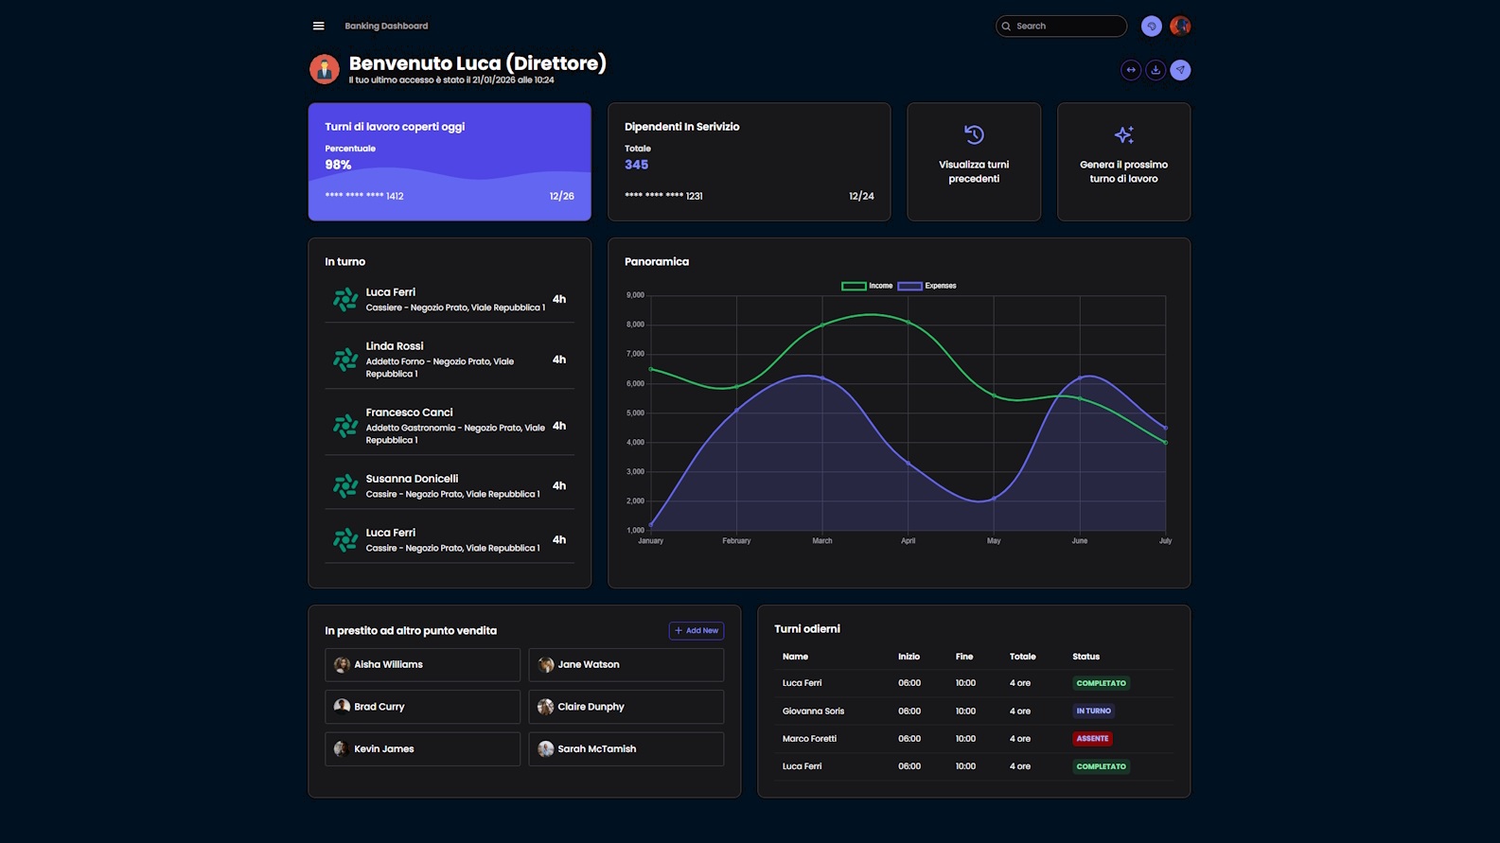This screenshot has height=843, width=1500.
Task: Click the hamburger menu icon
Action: [318, 26]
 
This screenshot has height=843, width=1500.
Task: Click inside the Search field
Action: [1067, 26]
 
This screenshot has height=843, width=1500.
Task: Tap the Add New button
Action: [697, 630]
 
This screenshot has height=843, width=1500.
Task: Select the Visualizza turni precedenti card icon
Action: [974, 134]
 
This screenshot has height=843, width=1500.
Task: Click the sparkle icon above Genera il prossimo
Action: [1123, 134]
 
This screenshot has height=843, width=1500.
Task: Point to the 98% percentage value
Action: [338, 165]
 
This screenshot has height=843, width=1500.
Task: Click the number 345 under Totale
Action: [636, 165]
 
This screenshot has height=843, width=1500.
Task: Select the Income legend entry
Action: [867, 286]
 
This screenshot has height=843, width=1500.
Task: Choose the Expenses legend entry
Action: [926, 286]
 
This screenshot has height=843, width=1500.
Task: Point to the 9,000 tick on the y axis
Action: [635, 295]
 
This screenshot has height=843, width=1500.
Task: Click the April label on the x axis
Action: [908, 541]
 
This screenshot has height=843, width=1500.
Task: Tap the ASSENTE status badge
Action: [1092, 739]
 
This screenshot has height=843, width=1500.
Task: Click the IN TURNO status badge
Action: [1093, 711]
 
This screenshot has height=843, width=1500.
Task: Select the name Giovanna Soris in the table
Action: [813, 711]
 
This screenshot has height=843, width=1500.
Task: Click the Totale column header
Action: [1022, 657]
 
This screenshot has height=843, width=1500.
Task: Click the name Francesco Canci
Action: [409, 413]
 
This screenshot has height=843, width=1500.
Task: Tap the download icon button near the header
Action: [1156, 70]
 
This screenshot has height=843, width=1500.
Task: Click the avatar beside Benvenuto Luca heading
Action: [325, 69]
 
